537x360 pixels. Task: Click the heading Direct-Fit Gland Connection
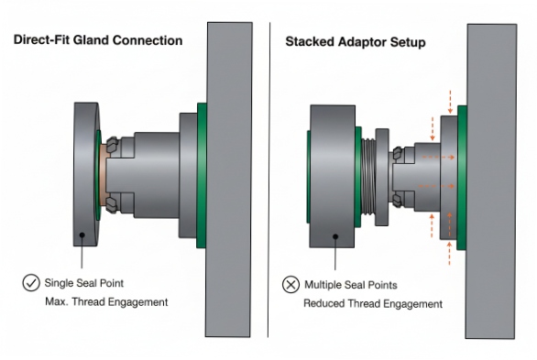[96, 40]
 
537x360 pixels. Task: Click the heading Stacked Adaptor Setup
[355, 42]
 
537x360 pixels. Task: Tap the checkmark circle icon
[30, 283]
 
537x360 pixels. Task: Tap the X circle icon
[290, 285]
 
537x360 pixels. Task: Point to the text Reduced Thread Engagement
[373, 303]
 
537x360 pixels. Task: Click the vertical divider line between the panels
[268, 183]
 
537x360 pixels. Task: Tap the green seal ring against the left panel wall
[202, 175]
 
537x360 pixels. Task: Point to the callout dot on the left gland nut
[82, 235]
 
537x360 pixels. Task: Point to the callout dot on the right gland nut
[335, 235]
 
